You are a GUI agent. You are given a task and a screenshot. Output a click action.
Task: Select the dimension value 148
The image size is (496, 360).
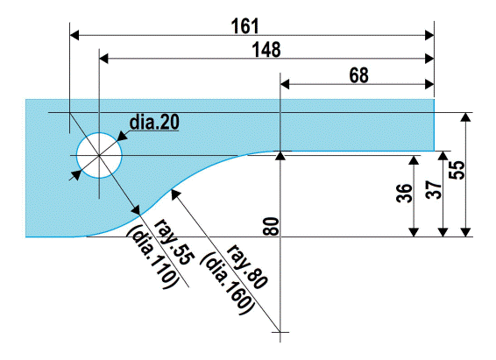click(x=265, y=49)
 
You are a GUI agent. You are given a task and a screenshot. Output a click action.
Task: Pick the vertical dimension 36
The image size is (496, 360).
click(x=403, y=194)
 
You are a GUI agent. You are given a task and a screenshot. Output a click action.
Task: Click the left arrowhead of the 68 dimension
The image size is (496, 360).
click(x=286, y=85)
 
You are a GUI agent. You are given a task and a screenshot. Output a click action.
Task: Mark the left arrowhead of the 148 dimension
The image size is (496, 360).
click(x=104, y=59)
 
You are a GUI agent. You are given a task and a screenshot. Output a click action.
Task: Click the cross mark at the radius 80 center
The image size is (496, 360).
click(x=280, y=333)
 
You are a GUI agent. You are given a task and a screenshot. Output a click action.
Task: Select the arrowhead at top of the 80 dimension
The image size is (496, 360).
click(x=280, y=156)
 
